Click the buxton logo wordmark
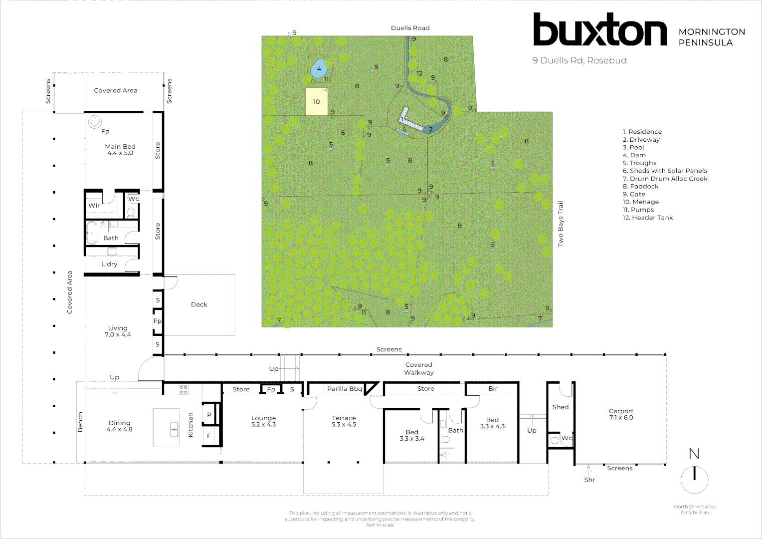click(599, 30)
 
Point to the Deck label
click(199, 304)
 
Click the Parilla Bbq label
click(345, 389)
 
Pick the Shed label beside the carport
click(561, 407)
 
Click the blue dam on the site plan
click(319, 68)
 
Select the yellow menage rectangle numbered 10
click(316, 102)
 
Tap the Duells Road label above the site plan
click(410, 28)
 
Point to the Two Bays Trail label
click(561, 224)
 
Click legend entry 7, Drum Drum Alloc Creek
click(665, 179)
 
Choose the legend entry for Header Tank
click(648, 218)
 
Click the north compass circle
click(694, 479)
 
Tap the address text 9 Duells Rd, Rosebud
click(579, 60)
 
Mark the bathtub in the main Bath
click(92, 233)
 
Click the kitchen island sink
click(174, 429)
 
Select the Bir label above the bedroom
click(493, 388)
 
